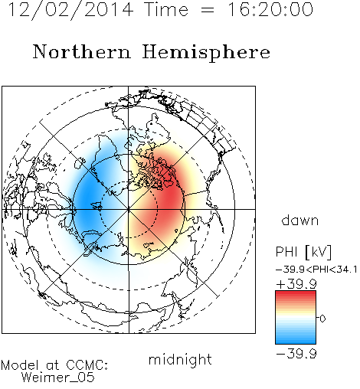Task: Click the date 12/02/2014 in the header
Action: [70, 9]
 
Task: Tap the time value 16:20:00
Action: [270, 9]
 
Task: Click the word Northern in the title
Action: [82, 51]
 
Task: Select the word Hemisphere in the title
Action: [206, 53]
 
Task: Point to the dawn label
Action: [300, 220]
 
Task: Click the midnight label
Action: [180, 359]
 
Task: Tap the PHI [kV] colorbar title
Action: [303, 252]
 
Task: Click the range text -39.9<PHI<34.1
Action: [316, 270]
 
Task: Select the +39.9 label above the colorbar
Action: [296, 284]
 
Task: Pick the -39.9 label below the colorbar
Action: [296, 354]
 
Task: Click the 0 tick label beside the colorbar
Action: [322, 319]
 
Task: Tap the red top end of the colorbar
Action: [296, 293]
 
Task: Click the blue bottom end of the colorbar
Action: [296, 342]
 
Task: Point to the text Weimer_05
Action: [58, 378]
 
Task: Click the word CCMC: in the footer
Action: [87, 365]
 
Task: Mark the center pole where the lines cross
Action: [129, 209]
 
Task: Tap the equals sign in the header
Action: [208, 10]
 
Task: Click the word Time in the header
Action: [166, 9]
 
